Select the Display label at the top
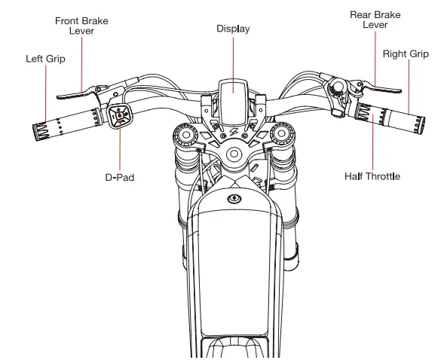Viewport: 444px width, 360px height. [x=232, y=29]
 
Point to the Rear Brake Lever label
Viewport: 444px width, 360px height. [x=375, y=20]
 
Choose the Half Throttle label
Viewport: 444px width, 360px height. [x=372, y=175]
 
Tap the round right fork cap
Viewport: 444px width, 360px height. [x=283, y=133]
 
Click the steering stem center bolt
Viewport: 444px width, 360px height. [x=233, y=154]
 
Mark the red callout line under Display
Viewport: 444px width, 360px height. [x=232, y=64]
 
